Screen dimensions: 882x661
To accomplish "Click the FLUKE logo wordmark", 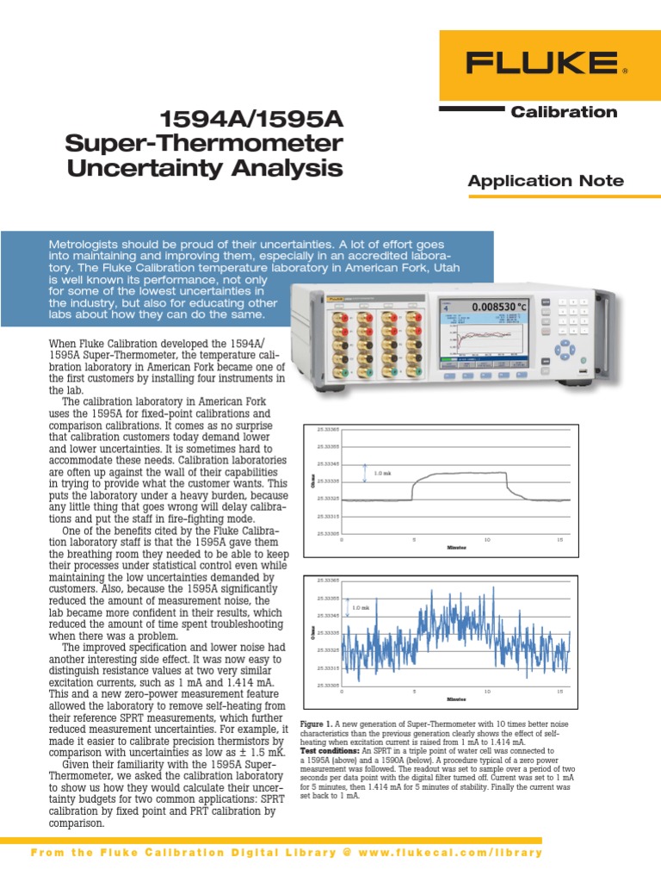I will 541,63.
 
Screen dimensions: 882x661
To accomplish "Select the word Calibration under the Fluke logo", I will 564,112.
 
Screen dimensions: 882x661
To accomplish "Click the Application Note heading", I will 544,180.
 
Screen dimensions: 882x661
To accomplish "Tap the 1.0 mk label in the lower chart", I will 360,609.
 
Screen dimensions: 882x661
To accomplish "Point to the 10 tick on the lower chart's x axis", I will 488,691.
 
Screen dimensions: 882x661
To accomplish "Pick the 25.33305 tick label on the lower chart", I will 328,685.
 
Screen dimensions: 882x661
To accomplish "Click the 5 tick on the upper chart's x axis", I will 415,539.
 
